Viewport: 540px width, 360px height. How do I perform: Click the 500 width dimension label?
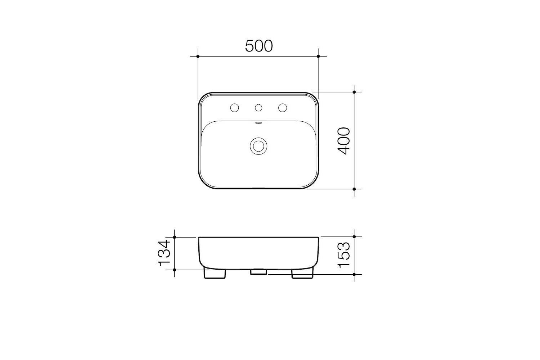click(259, 46)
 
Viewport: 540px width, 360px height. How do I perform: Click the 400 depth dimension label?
click(345, 141)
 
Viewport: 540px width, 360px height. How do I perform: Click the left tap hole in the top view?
click(235, 108)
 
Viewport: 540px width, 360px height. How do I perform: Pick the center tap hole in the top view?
click(258, 108)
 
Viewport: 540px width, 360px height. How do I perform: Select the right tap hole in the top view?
click(282, 108)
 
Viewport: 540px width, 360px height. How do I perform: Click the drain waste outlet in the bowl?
click(258, 145)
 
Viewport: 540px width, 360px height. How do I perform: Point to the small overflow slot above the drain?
click(258, 123)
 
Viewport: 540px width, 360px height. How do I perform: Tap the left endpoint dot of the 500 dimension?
click(198, 56)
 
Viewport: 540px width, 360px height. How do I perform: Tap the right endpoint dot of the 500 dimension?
click(318, 56)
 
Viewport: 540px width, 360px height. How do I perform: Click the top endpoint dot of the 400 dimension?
click(354, 92)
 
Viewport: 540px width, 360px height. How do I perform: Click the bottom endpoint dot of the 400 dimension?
click(354, 189)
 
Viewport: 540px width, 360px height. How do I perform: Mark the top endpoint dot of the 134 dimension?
click(175, 237)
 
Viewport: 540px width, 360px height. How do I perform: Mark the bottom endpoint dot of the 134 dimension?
click(175, 269)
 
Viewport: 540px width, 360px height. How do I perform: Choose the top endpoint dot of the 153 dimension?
click(354, 237)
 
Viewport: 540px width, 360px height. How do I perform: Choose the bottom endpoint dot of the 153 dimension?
click(354, 274)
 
